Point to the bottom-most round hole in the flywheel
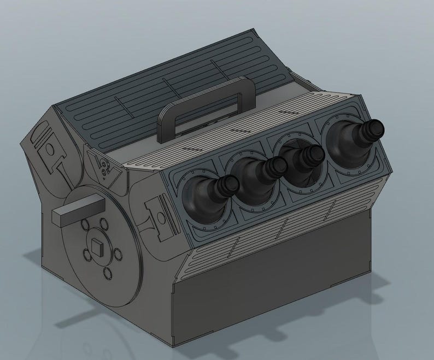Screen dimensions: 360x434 point(107,274)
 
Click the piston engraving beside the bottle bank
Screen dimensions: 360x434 point(159,219)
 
